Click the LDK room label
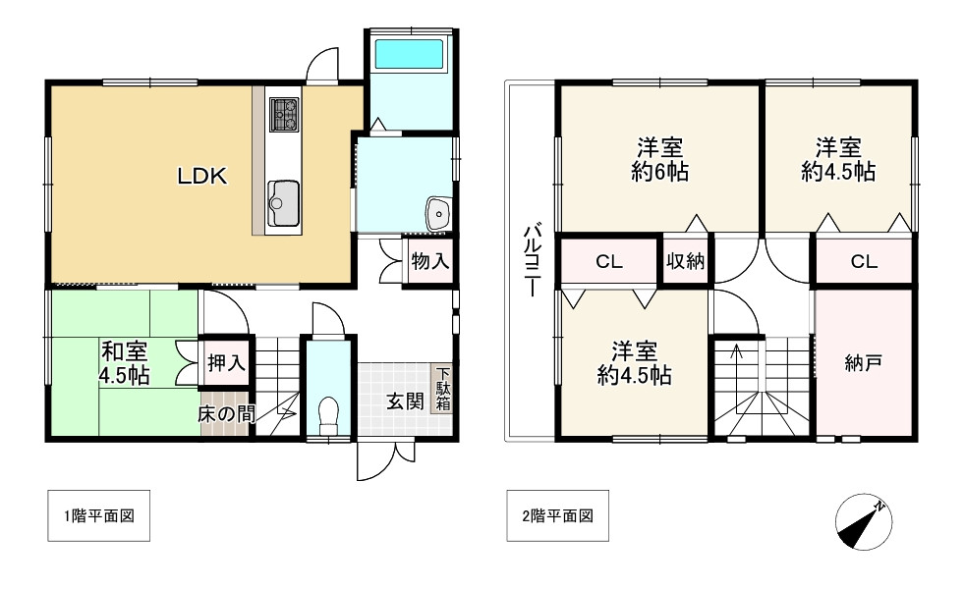point(202,177)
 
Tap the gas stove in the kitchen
point(283,115)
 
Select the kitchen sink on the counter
point(283,203)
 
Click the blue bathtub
point(409,54)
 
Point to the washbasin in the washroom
point(438,213)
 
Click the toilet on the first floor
point(328,415)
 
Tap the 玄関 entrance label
point(405,402)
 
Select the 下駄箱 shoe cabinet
point(442,390)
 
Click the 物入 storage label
point(430,261)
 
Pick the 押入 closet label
point(226,363)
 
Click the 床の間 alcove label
point(226,414)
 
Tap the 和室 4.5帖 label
point(125,363)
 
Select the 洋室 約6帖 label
point(659,160)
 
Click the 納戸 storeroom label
point(864,363)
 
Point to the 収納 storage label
point(686,261)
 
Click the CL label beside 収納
point(609,262)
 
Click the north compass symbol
point(864,522)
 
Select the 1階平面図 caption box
point(99,516)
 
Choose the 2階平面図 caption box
point(557,516)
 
